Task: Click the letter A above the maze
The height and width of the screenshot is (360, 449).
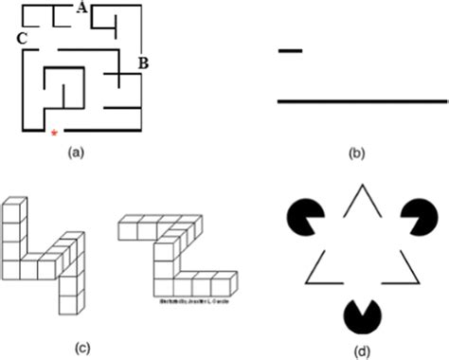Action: (x=82, y=9)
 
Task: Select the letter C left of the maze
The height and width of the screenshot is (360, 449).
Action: (x=20, y=38)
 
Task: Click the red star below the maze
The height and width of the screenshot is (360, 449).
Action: (x=53, y=134)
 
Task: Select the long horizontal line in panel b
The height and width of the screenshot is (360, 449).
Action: (x=361, y=99)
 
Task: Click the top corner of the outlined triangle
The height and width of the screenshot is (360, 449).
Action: (x=359, y=188)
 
